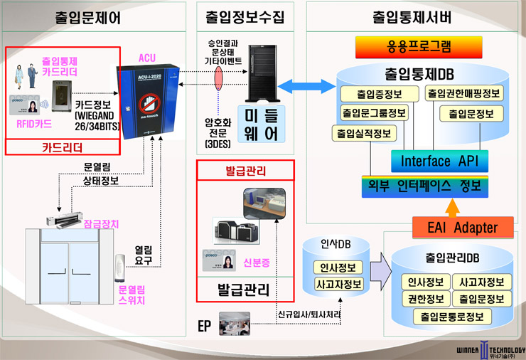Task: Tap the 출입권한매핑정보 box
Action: (464, 93)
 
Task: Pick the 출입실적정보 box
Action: (363, 133)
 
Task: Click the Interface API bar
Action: (435, 161)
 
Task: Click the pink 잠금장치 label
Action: (101, 223)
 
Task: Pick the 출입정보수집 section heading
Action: (245, 15)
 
